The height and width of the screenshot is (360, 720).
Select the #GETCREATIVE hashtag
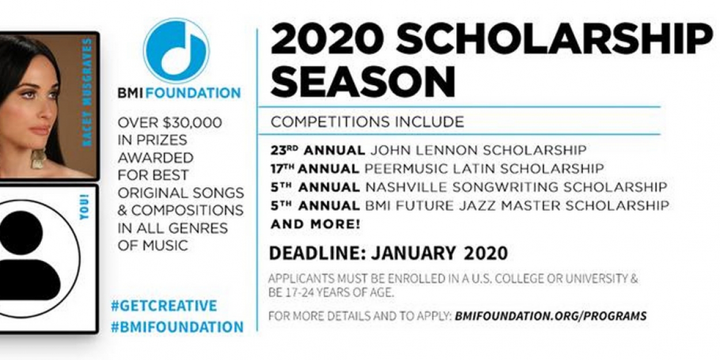[164, 306]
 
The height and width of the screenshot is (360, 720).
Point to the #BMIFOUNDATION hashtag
[177, 327]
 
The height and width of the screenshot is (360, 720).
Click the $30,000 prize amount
[194, 123]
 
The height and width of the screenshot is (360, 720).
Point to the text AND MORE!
[316, 225]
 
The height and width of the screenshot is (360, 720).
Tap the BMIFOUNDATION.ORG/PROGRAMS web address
[550, 316]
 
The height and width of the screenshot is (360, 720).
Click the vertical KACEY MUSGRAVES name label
[87, 92]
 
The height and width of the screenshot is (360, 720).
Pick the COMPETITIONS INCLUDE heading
[367, 122]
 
